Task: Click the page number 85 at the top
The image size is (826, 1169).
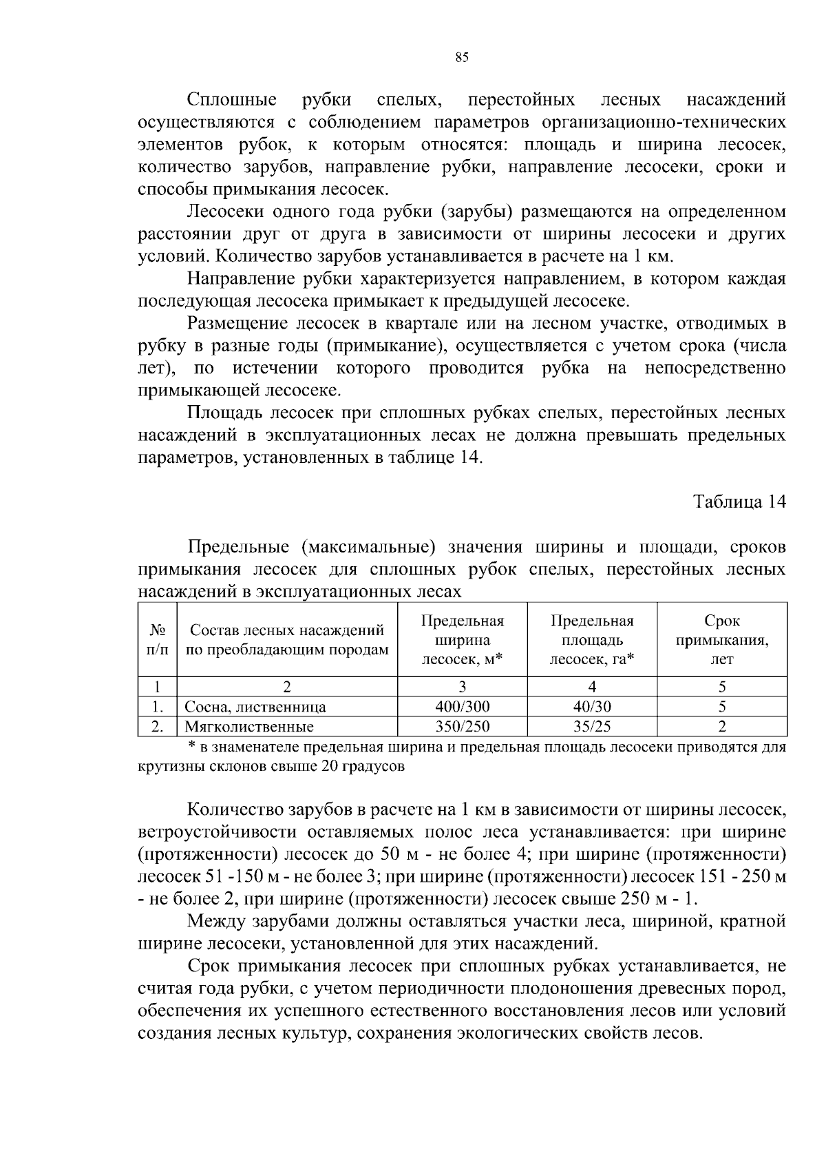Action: [462, 58]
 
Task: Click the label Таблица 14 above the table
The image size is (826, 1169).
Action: [739, 501]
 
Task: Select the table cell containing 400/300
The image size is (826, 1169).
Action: [462, 706]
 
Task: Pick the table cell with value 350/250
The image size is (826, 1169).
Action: [462, 726]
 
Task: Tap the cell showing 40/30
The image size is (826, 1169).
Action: [592, 706]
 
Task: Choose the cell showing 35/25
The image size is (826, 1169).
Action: [592, 726]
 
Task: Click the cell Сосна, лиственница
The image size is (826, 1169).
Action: [255, 707]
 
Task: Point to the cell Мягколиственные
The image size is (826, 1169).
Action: [249, 727]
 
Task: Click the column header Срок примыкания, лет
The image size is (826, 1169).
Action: [722, 640]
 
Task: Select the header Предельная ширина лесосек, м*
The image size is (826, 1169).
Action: [462, 640]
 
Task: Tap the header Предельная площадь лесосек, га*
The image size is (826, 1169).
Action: [592, 640]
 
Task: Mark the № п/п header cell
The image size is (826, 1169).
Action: [158, 640]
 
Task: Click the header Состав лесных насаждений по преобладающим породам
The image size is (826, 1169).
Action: [287, 640]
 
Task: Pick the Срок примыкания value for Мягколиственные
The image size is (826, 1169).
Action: [722, 726]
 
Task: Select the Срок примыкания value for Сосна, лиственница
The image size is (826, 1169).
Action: [722, 706]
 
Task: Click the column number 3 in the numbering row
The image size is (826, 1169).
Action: [462, 686]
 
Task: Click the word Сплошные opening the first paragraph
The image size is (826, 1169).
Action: [232, 101]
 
